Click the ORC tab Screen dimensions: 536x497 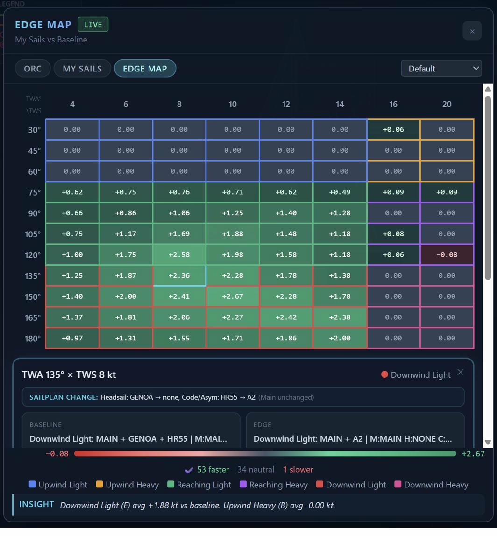[33, 68]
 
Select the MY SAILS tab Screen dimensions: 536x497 [82, 68]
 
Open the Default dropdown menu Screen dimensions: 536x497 [441, 68]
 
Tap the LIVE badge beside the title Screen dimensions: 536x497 [93, 25]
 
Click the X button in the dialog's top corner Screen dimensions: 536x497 [472, 31]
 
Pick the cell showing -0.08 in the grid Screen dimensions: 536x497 [447, 254]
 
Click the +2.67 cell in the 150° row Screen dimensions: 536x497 [233, 296]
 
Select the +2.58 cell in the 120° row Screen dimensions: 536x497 [179, 254]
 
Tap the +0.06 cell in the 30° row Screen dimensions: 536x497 [393, 129]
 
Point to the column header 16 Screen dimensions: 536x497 [393, 104]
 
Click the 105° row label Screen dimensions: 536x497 [33, 234]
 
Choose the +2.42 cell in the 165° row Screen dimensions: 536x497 [286, 317]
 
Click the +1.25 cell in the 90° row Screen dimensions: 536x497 [233, 213]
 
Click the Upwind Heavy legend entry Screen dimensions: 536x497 [127, 485]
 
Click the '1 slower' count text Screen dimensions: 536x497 [298, 469]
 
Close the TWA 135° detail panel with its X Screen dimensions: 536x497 [461, 372]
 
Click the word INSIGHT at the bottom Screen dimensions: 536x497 [36, 504]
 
